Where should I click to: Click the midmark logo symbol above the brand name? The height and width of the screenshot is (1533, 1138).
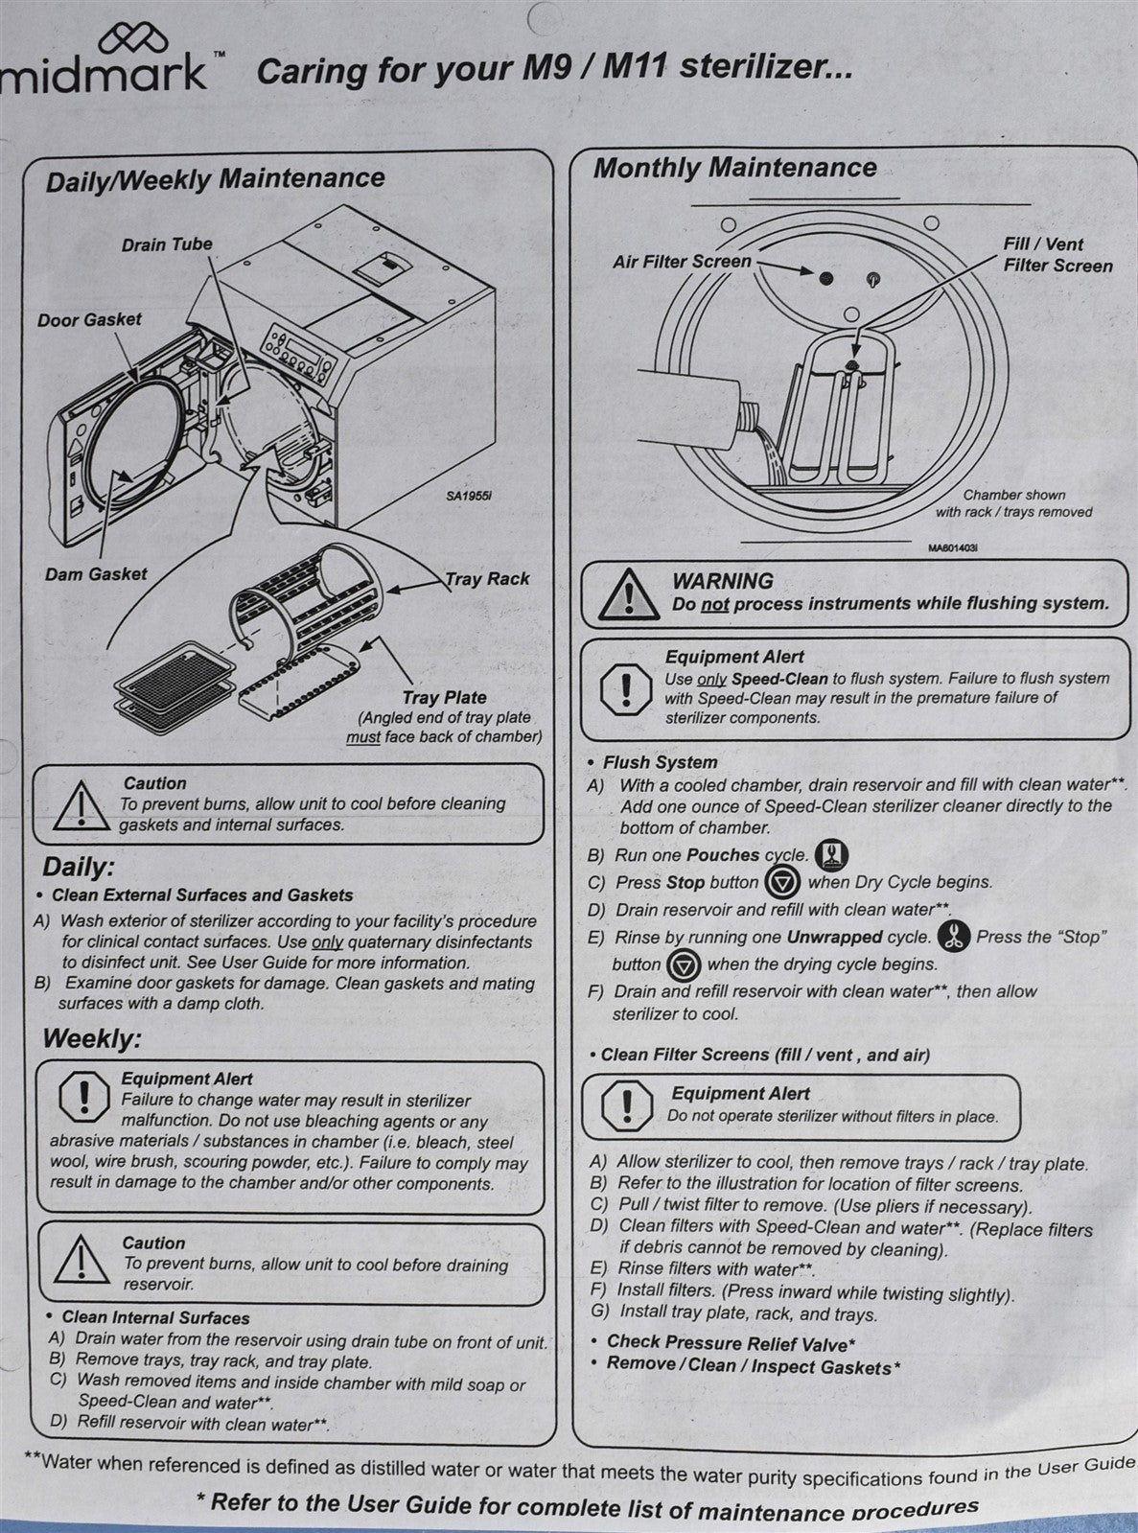[x=134, y=39]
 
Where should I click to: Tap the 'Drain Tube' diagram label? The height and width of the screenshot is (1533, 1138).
[x=167, y=244]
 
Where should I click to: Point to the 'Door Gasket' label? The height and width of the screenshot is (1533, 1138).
[x=89, y=319]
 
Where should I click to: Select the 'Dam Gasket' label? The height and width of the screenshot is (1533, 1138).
[x=96, y=574]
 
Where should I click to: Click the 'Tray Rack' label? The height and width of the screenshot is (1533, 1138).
[x=487, y=578]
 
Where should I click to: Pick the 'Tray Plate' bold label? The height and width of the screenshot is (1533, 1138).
[x=445, y=698]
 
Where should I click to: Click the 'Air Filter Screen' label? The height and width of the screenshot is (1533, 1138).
[x=682, y=261]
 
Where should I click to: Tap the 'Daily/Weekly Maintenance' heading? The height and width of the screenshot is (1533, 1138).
[x=215, y=178]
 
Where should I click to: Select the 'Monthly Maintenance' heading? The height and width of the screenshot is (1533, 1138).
[x=734, y=168]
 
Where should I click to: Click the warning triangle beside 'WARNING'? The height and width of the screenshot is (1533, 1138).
[x=628, y=593]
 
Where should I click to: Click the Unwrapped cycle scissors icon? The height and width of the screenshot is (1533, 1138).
[x=954, y=937]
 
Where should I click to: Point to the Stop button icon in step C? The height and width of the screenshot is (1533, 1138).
[x=784, y=882]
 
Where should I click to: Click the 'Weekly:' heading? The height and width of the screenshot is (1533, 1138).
[x=92, y=1038]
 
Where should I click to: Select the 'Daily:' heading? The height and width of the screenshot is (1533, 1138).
[x=79, y=867]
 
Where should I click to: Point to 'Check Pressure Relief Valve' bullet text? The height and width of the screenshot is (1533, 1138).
[x=732, y=1342]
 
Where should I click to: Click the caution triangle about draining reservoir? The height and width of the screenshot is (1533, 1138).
[x=81, y=1262]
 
